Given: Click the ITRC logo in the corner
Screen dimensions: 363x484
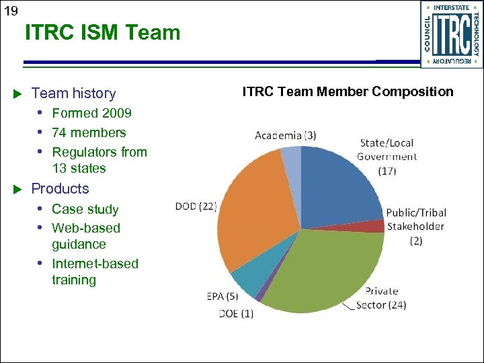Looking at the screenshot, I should [451, 34].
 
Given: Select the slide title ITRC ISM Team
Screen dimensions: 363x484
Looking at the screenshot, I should [103, 32].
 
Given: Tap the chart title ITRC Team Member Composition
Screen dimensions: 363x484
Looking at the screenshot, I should [348, 91].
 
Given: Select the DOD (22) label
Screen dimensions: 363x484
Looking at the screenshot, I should [196, 206].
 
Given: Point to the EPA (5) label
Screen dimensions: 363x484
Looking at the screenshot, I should [223, 296].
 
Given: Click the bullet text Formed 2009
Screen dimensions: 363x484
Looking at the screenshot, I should [91, 114].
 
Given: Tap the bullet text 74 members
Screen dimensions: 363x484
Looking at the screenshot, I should [89, 132].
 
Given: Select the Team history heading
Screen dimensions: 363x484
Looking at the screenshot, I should [73, 93].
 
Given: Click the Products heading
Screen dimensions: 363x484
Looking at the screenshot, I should [60, 189].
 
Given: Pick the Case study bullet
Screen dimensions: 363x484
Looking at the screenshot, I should [85, 209].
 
